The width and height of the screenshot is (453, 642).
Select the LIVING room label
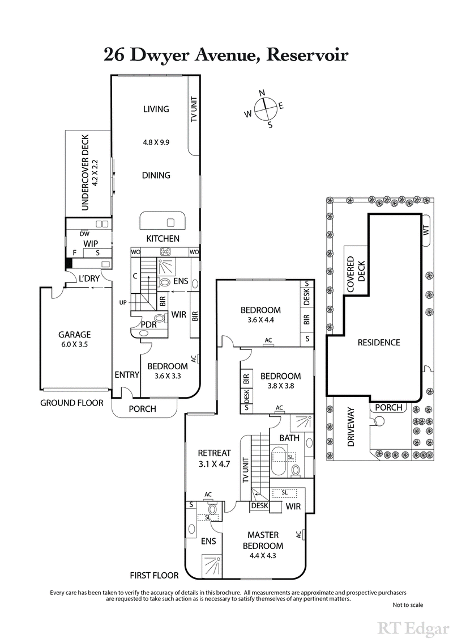[156, 109]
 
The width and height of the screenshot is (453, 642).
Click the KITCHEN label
[163, 239]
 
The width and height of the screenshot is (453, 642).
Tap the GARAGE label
[75, 335]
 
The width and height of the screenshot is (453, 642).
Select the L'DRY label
[89, 279]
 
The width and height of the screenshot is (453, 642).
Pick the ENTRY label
[126, 374]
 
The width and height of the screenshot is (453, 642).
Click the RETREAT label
[214, 453]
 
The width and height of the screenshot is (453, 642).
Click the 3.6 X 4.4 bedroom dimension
[260, 320]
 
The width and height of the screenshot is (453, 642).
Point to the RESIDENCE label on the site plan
[379, 343]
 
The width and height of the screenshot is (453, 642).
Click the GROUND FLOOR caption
[71, 403]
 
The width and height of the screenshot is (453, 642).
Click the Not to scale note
[407, 605]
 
